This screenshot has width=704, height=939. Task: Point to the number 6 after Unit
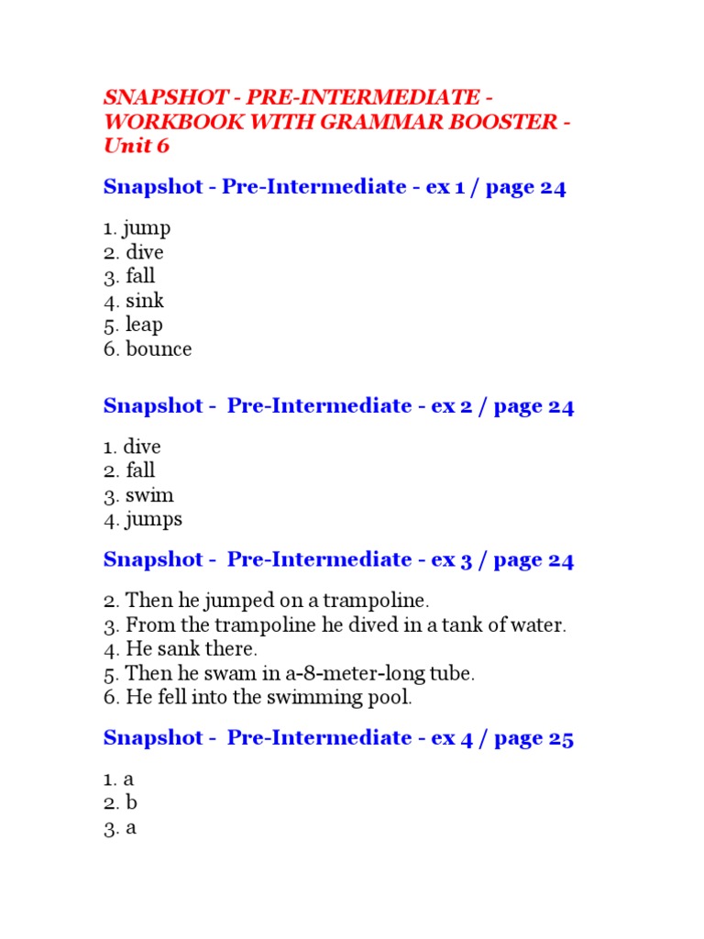[162, 146]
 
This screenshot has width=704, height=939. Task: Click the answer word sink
[145, 300]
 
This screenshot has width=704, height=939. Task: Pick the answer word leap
[145, 325]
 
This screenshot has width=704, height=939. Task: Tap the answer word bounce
[159, 348]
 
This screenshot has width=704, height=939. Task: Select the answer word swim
[149, 495]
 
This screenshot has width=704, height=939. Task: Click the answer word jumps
[154, 520]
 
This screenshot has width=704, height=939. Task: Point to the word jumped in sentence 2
[239, 602]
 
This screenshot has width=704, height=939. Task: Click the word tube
[453, 673]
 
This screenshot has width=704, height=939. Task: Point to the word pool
[391, 697]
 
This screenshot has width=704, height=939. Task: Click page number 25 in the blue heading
[560, 738]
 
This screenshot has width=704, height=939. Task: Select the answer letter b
[132, 803]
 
